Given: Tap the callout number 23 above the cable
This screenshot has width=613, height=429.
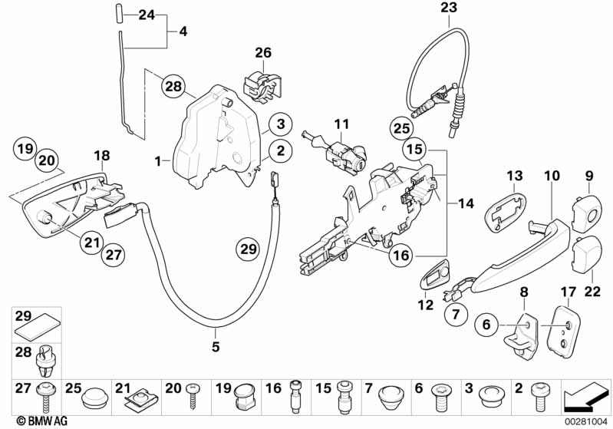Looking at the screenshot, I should [448, 8].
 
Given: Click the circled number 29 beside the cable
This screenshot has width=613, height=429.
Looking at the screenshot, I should [247, 250].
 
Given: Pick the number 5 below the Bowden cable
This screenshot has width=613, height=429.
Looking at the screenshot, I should [216, 347].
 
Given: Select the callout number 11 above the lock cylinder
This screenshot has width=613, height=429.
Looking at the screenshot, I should [341, 123].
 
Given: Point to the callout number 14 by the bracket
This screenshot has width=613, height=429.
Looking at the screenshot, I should [466, 204].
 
